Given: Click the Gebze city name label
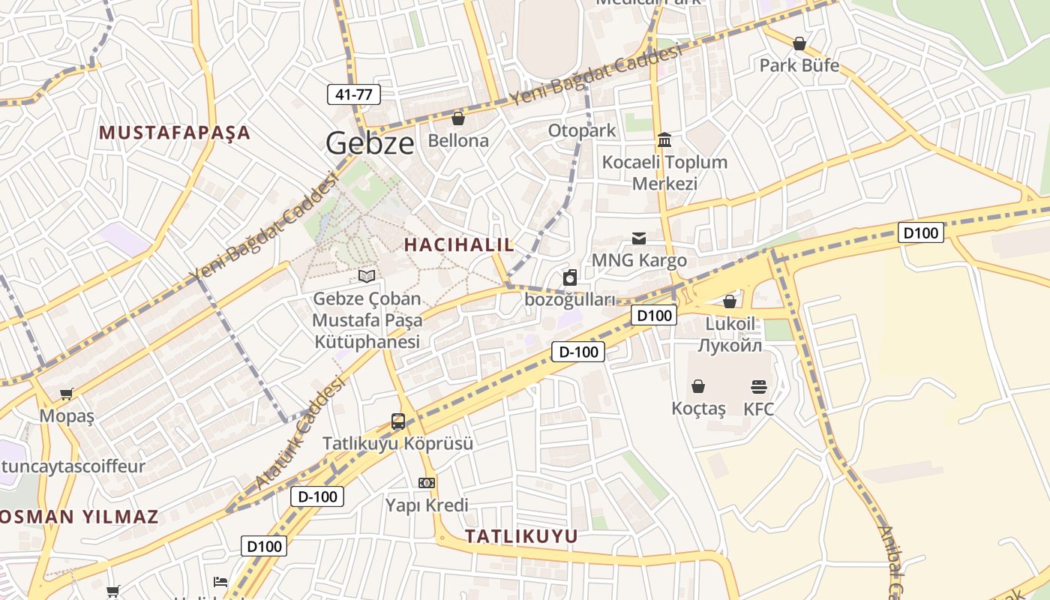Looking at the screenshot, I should coord(370,143).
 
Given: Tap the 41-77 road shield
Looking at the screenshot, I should coord(354,94).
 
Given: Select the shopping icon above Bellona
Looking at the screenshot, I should coord(458,118).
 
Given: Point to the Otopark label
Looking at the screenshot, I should coord(582,130).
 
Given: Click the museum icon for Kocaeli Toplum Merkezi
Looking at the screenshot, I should coord(664,140).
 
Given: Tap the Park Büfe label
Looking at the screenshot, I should coord(799,65).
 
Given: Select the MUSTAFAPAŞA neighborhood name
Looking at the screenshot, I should coord(175,133).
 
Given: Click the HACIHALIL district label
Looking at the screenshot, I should coord(460,244).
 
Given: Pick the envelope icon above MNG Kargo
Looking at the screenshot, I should coord(639,238).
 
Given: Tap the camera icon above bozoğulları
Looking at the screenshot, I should coord(570,278).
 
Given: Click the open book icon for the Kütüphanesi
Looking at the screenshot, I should coord(367,277).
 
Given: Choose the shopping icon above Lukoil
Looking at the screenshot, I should coord(730,301).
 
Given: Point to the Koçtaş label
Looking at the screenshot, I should coord(699,409).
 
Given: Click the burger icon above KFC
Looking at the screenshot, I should coord(759,387).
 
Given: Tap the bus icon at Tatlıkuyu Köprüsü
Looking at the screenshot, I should coord(398,421).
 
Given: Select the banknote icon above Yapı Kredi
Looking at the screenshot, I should coord(427,483).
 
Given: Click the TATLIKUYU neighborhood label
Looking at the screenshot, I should coord(521,536).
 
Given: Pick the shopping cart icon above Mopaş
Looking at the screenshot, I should coord(67,394).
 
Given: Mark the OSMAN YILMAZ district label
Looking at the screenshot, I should coord(79,517).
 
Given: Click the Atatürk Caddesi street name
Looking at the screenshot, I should coord(300,435).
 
